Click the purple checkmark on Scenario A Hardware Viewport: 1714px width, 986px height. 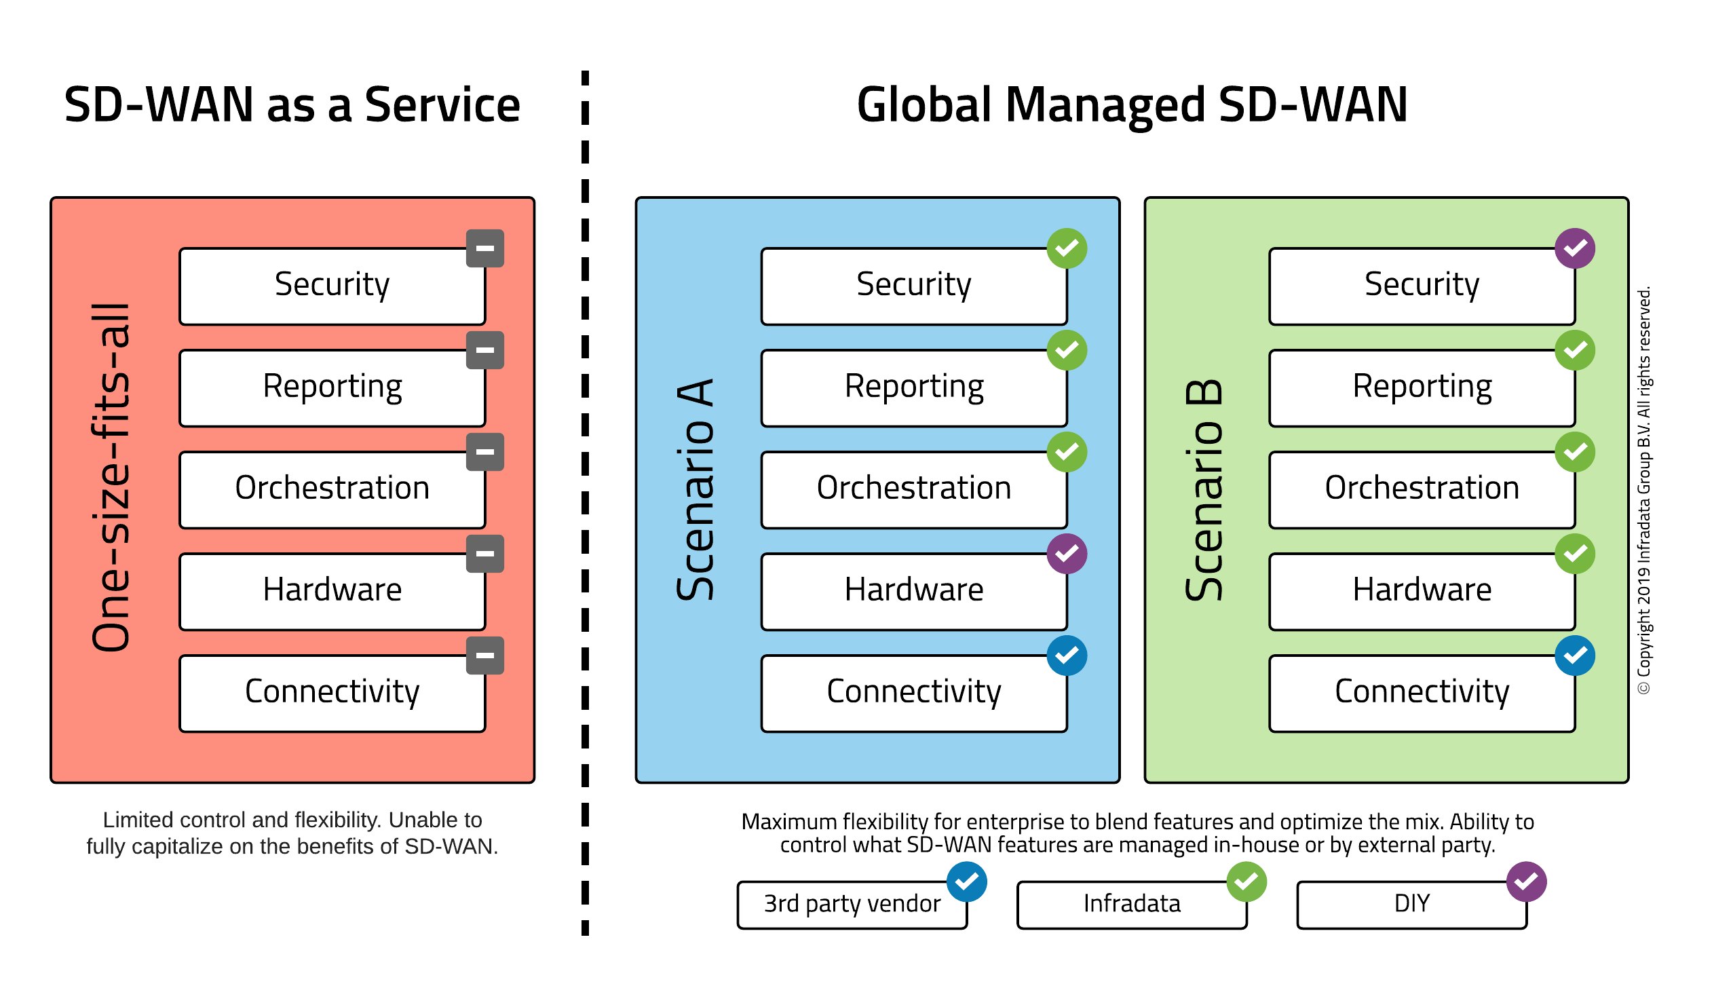[1066, 554]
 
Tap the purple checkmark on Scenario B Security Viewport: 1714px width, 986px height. [1574, 248]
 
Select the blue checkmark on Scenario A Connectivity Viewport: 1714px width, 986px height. [1066, 656]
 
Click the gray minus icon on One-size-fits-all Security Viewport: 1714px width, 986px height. [484, 248]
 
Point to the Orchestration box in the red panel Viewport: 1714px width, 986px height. [332, 489]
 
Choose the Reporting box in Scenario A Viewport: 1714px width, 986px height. [913, 387]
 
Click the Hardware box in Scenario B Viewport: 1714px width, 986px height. [1422, 591]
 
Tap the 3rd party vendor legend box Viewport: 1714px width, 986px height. [852, 905]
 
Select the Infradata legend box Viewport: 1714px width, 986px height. [1131, 905]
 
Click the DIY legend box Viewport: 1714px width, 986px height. [1411, 905]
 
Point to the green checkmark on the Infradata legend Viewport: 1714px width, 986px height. [1246, 881]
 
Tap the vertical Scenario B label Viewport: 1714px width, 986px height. [1204, 489]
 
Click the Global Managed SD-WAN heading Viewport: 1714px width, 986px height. [1132, 105]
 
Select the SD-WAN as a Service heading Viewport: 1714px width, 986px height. [292, 105]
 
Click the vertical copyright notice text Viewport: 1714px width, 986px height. [1644, 489]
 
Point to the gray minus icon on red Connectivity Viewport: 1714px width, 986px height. [484, 656]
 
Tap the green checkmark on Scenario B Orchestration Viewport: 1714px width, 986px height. [1574, 452]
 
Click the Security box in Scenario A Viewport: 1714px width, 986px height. [913, 286]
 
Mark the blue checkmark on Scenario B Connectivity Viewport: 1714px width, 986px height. [1574, 656]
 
